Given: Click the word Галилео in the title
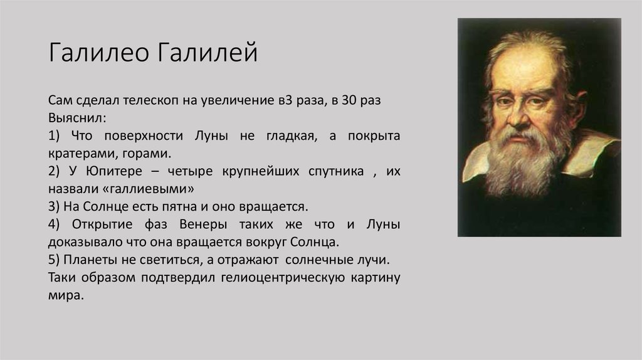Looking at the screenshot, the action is click(x=98, y=52).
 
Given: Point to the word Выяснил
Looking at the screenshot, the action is click(x=77, y=118).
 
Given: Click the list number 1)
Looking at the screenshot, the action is click(x=54, y=135).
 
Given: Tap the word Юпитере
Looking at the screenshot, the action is click(x=114, y=171).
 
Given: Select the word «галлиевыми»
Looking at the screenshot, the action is click(x=121, y=189).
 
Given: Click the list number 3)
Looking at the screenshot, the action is click(x=54, y=206).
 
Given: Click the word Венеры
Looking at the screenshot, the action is click(x=203, y=225).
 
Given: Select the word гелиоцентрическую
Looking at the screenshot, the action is click(x=283, y=278).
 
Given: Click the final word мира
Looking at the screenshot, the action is click(x=66, y=295).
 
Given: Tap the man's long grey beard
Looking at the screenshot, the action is click(x=522, y=160).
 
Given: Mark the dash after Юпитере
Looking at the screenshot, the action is click(x=155, y=172).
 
